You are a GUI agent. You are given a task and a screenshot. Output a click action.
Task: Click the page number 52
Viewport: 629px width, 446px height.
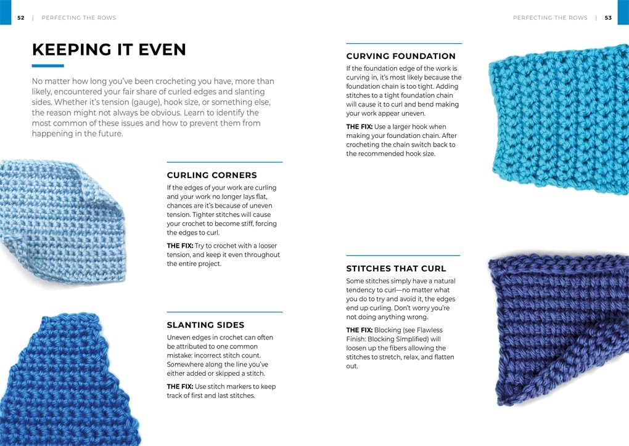[21, 18]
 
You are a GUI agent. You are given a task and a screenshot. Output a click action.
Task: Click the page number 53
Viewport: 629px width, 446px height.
[608, 18]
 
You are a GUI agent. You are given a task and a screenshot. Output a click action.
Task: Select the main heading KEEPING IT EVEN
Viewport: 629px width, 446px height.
[109, 50]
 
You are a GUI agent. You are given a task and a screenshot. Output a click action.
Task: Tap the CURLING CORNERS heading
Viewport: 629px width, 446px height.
[212, 175]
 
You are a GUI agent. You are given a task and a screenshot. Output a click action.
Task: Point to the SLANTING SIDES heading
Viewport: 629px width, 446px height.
[205, 325]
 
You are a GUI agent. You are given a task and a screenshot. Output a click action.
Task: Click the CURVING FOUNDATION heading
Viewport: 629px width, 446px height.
[401, 56]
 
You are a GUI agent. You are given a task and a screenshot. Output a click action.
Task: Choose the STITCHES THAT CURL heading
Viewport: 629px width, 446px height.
[396, 269]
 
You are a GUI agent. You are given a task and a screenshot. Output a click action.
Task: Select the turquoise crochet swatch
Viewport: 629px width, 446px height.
[558, 117]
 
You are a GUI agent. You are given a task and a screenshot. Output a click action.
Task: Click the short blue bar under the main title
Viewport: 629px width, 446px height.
[48, 66]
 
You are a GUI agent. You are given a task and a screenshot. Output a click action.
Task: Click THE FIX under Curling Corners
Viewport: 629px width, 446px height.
[179, 246]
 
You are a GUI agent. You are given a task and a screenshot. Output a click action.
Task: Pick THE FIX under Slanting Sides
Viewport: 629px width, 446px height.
[179, 387]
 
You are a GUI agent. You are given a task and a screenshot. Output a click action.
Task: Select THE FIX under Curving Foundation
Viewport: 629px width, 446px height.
[359, 127]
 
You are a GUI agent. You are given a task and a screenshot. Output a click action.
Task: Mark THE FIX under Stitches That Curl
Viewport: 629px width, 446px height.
[359, 330]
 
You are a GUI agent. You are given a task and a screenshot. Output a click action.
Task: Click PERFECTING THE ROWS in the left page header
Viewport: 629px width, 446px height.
[78, 18]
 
